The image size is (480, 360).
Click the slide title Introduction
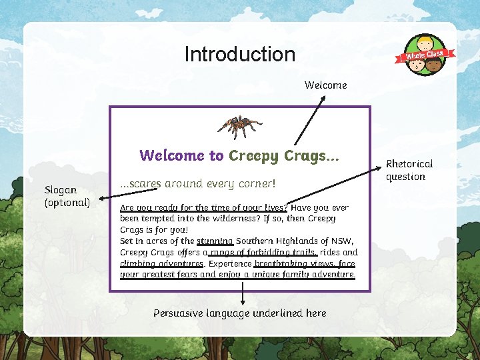pos(239,54)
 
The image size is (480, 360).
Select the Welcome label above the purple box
pos(325,85)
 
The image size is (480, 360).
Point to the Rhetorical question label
pos(409,170)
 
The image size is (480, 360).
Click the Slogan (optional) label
pos(67,196)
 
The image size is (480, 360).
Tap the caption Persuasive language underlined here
pos(239,313)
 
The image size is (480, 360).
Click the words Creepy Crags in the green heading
pos(283,156)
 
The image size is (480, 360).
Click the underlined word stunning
pos(215,241)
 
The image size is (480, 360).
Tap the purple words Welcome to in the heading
pos(181,156)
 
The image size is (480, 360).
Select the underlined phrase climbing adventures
pos(161,264)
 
